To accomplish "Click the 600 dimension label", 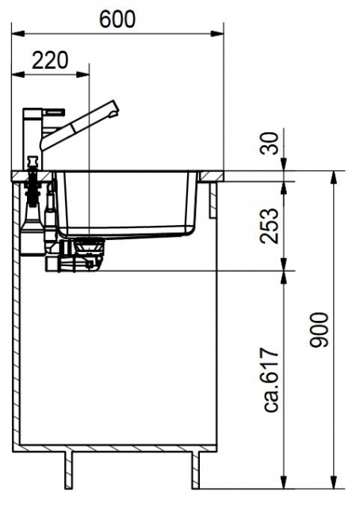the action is click(x=117, y=19).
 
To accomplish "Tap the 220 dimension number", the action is click(x=50, y=60).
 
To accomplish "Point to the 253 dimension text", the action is click(x=269, y=226).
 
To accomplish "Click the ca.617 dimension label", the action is click(x=270, y=379).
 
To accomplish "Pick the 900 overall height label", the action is click(x=320, y=330).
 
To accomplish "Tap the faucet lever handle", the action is click(x=54, y=111).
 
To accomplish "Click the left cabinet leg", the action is click(x=68, y=469).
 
